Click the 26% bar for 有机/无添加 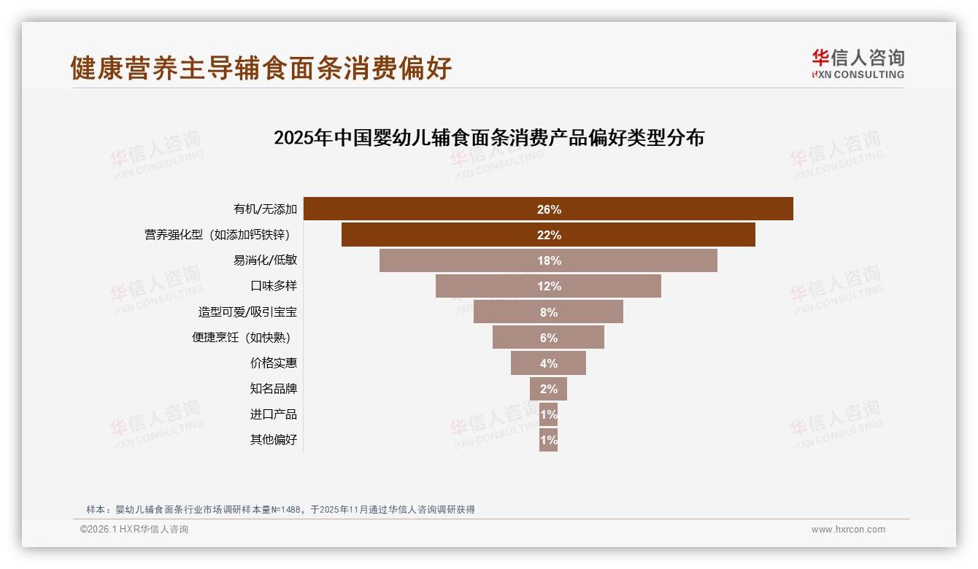pyautogui.click(x=548, y=209)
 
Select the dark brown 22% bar pyautogui.click(x=548, y=235)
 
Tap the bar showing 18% pyautogui.click(x=548, y=260)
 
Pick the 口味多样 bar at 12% pyautogui.click(x=548, y=286)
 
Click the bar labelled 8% pyautogui.click(x=548, y=311)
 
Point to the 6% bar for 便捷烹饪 pyautogui.click(x=548, y=338)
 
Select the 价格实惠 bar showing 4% pyautogui.click(x=548, y=363)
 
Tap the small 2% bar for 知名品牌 pyautogui.click(x=548, y=389)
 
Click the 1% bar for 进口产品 pyautogui.click(x=548, y=414)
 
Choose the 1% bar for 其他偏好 pyautogui.click(x=548, y=440)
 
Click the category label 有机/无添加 pyautogui.click(x=265, y=209)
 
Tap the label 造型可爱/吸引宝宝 pyautogui.click(x=247, y=312)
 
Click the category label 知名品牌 pyautogui.click(x=274, y=389)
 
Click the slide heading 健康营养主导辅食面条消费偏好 pyautogui.click(x=261, y=68)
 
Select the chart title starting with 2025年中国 pyautogui.click(x=488, y=138)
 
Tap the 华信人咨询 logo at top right pyautogui.click(x=858, y=64)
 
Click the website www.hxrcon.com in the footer pyautogui.click(x=848, y=530)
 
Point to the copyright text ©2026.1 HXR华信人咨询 pyautogui.click(x=134, y=530)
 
